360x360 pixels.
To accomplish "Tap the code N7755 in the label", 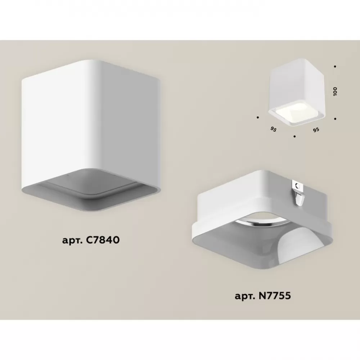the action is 275,296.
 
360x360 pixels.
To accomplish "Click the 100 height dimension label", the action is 336,91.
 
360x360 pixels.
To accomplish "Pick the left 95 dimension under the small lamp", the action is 273,129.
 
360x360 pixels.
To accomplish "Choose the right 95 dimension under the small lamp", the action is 316,130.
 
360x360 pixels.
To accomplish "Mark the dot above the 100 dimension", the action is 335,67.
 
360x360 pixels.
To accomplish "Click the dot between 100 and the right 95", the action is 335,119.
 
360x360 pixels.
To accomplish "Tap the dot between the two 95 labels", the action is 294,136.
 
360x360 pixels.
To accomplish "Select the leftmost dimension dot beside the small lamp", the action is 258,117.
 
